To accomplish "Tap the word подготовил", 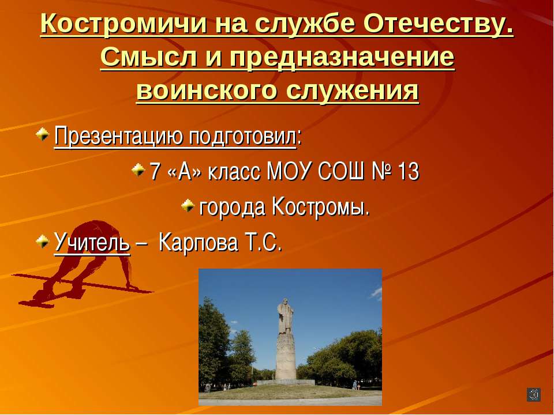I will [x=243, y=138].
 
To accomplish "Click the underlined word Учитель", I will [x=92, y=242].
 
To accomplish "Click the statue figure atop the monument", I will [x=285, y=315].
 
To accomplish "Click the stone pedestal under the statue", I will [x=286, y=357].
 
